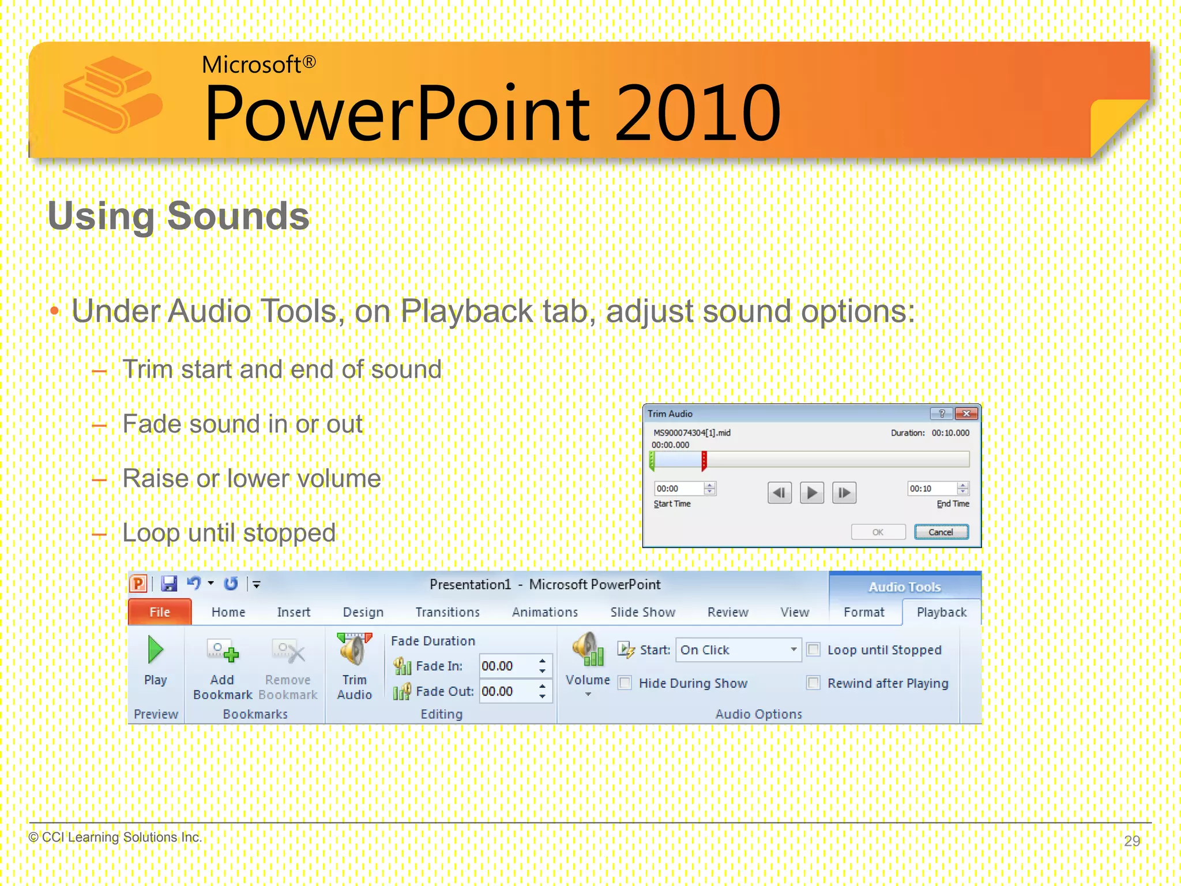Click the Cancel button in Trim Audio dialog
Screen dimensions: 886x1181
click(x=941, y=532)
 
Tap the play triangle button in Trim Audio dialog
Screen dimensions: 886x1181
click(x=811, y=493)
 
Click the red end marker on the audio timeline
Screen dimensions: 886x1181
click(x=704, y=461)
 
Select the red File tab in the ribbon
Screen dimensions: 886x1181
click(x=160, y=612)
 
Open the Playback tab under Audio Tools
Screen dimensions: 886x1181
click(x=941, y=612)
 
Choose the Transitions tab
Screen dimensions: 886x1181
click(x=447, y=612)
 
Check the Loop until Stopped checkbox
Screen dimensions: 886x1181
click(x=814, y=650)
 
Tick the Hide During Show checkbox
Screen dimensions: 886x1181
click(x=625, y=683)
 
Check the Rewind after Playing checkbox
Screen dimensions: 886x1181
click(x=814, y=683)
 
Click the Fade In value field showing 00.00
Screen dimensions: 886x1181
click(x=506, y=666)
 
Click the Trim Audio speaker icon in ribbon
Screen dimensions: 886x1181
click(x=354, y=650)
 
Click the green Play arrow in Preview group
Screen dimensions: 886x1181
click(x=155, y=650)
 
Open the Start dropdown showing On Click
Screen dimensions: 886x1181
click(x=793, y=650)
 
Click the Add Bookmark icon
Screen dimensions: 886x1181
click(x=223, y=652)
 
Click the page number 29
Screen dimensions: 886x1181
click(x=1131, y=840)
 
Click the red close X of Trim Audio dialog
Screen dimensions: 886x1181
click(x=966, y=414)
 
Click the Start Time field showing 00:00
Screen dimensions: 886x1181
click(x=678, y=489)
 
